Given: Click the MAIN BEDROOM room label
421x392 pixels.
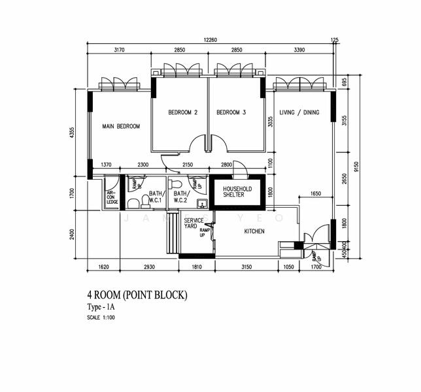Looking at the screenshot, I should point(121,126).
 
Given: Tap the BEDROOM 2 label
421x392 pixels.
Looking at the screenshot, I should point(182,112).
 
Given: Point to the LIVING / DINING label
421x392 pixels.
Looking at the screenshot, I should point(299,112).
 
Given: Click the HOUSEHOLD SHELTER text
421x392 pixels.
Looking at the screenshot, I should point(238,191).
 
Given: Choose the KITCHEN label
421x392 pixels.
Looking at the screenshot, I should point(254,231).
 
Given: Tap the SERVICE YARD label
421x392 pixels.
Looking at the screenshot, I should point(193,223).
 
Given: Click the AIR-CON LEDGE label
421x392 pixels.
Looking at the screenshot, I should point(112,195).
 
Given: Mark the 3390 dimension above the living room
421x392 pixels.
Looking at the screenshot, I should point(299,50).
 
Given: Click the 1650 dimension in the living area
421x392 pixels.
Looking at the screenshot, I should point(316,194).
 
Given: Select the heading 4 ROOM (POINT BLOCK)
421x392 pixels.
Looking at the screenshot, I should point(137,295).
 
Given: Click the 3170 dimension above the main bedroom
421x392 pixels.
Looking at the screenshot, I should point(120,50).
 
